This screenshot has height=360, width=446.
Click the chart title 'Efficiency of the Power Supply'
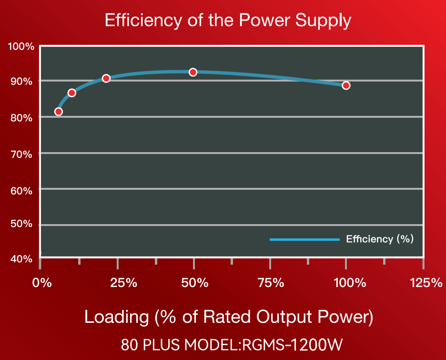click(x=227, y=21)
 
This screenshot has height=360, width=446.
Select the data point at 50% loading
click(x=193, y=72)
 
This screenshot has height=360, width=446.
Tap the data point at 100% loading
click(x=346, y=85)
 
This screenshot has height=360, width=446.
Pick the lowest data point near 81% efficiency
click(x=59, y=112)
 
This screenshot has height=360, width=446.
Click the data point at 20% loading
click(x=106, y=78)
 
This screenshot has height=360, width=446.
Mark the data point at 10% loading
click(x=72, y=93)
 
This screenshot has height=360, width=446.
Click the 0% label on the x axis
click(x=41, y=283)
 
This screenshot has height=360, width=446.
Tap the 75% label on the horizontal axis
click(x=271, y=283)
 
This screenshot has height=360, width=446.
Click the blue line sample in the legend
click(x=304, y=239)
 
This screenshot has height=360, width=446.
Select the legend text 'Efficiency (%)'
click(x=380, y=239)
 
